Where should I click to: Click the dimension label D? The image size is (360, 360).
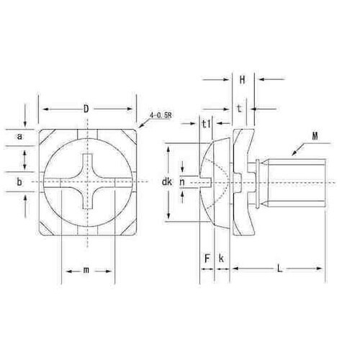click(86, 109)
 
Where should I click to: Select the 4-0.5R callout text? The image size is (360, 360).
click(161, 115)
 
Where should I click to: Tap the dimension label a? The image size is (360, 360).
click(19, 137)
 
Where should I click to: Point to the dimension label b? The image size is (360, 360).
click(19, 182)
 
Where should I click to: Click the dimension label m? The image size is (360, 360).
click(86, 270)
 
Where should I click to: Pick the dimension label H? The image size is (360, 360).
click(242, 80)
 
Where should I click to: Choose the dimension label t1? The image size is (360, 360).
click(207, 124)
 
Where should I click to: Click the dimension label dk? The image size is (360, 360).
click(167, 181)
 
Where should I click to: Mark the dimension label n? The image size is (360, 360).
click(182, 182)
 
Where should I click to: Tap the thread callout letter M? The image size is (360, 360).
click(315, 136)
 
